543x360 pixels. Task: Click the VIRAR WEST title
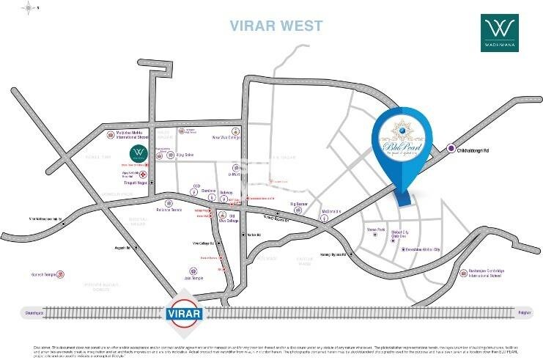tap(276, 26)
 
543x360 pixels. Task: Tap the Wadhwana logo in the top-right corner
tap(500, 35)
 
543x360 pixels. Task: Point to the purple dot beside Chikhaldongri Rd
tap(451, 149)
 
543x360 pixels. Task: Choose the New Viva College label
tap(226, 137)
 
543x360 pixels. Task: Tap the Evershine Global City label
tap(426, 249)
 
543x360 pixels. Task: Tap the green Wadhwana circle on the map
tap(137, 154)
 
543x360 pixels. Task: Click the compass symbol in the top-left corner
tap(29, 7)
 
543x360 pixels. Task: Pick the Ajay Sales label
tap(189, 155)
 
